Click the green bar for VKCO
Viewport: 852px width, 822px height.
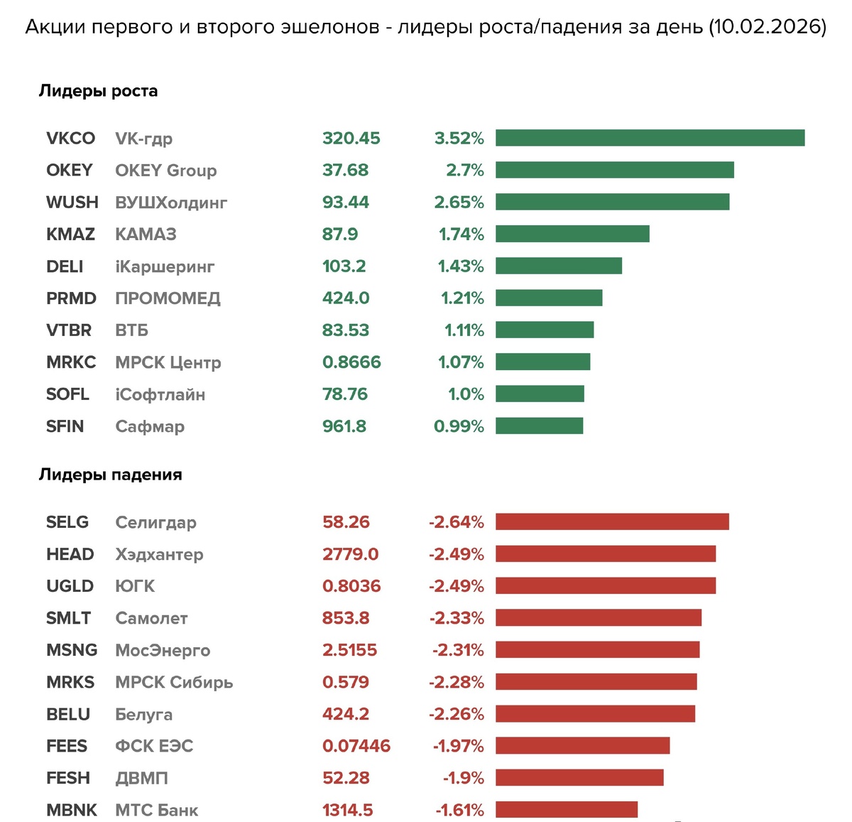pyautogui.click(x=650, y=138)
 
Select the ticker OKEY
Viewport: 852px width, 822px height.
pyautogui.click(x=70, y=171)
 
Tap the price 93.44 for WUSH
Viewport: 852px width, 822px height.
pyautogui.click(x=346, y=202)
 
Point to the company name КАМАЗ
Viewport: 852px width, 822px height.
pyautogui.click(x=146, y=234)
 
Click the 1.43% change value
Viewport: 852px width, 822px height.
pyautogui.click(x=461, y=266)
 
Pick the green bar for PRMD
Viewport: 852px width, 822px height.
pyautogui.click(x=549, y=298)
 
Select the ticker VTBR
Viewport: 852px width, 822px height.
pyautogui.click(x=69, y=330)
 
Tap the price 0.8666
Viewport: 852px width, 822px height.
pyautogui.click(x=351, y=362)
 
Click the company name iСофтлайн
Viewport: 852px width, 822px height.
pyautogui.click(x=160, y=394)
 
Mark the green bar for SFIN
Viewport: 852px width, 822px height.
pyautogui.click(x=539, y=426)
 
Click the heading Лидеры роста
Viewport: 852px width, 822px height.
pyautogui.click(x=98, y=91)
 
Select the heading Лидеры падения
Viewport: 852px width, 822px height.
pyautogui.click(x=110, y=475)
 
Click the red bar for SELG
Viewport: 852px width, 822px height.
pyautogui.click(x=612, y=521)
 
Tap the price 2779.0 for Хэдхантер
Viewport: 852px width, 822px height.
pyautogui.click(x=351, y=554)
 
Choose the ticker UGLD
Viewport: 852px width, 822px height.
pyautogui.click(x=70, y=586)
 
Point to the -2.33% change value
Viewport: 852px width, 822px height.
pyautogui.click(x=457, y=618)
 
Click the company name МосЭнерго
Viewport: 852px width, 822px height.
pyautogui.click(x=163, y=650)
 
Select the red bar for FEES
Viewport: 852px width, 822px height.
pyautogui.click(x=582, y=745)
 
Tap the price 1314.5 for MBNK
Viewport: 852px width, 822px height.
pyautogui.click(x=348, y=810)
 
